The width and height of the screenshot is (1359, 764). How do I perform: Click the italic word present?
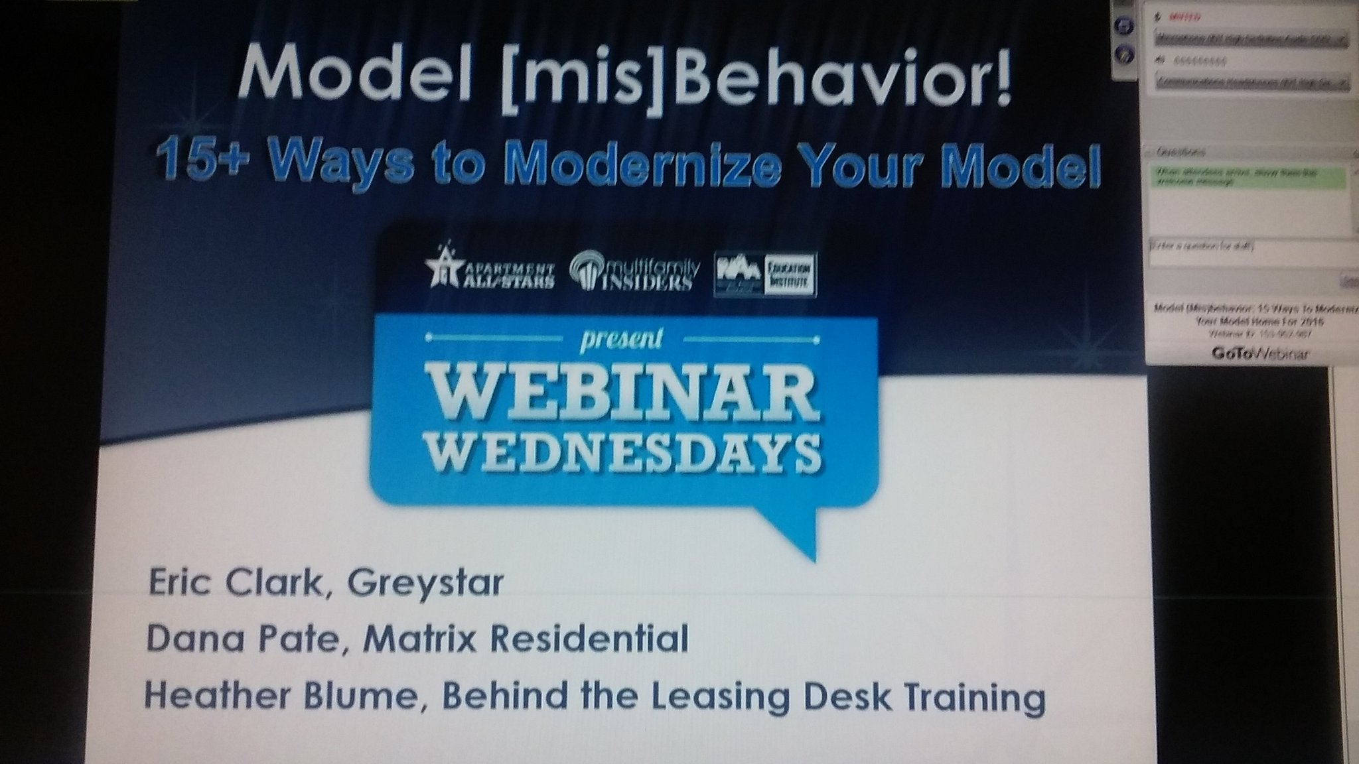[621, 339]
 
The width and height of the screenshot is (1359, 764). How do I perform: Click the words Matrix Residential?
[525, 641]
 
